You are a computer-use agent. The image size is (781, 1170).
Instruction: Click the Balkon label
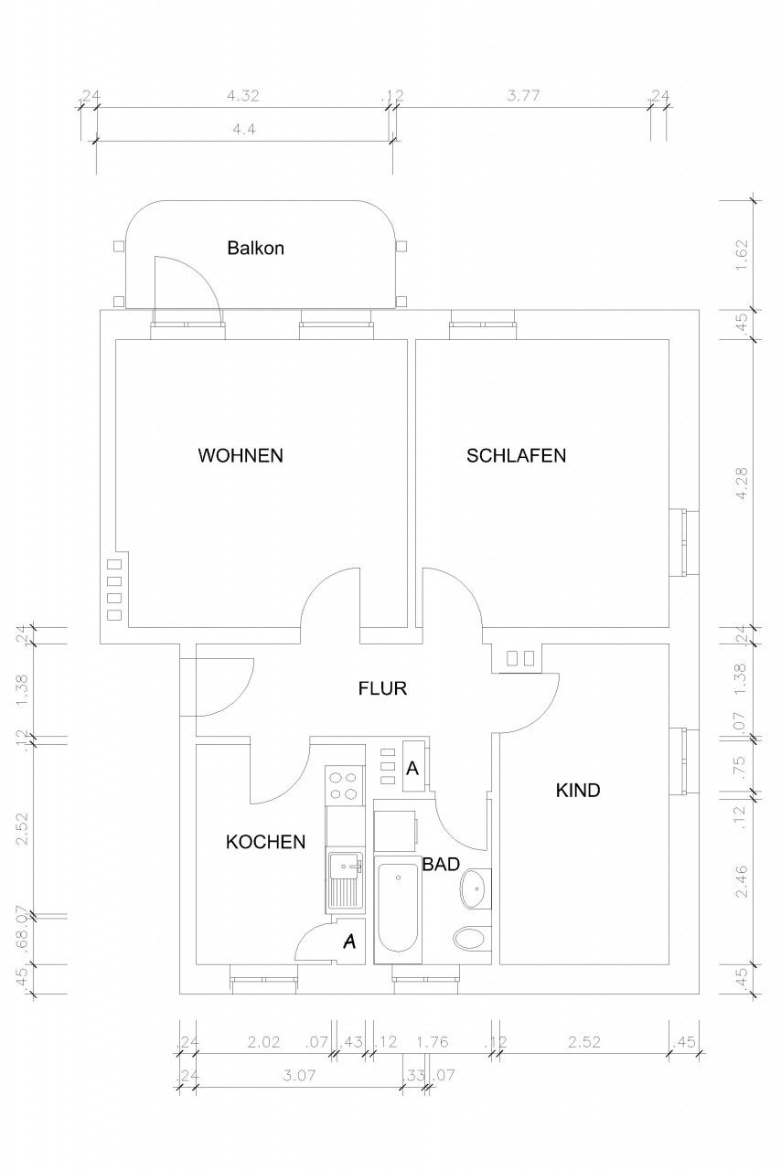pos(255,248)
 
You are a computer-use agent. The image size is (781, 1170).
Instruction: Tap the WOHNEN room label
pos(241,455)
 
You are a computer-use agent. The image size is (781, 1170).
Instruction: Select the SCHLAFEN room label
pos(516,455)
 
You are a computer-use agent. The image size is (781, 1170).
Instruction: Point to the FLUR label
pos(382,688)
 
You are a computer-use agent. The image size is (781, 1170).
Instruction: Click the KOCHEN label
pos(265,842)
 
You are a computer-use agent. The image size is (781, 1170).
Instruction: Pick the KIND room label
pos(578,791)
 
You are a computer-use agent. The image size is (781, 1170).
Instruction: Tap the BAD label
pos(441,865)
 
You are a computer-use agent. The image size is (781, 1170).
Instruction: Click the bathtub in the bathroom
pos(398,909)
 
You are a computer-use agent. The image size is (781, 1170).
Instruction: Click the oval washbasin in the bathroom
pos(475,889)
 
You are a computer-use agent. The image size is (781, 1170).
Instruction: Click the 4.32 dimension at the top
pos(243,96)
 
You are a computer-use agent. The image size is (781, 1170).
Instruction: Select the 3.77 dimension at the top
pos(523,96)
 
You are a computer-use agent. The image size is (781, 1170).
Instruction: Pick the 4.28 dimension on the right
pos(742,484)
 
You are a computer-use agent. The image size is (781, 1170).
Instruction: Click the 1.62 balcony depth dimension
pos(742,255)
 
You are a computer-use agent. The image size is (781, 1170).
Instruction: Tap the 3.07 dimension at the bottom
pos(300,1075)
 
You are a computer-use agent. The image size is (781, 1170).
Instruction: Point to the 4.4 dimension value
pos(243,129)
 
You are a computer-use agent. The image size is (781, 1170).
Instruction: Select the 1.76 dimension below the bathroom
pos(432,1041)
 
